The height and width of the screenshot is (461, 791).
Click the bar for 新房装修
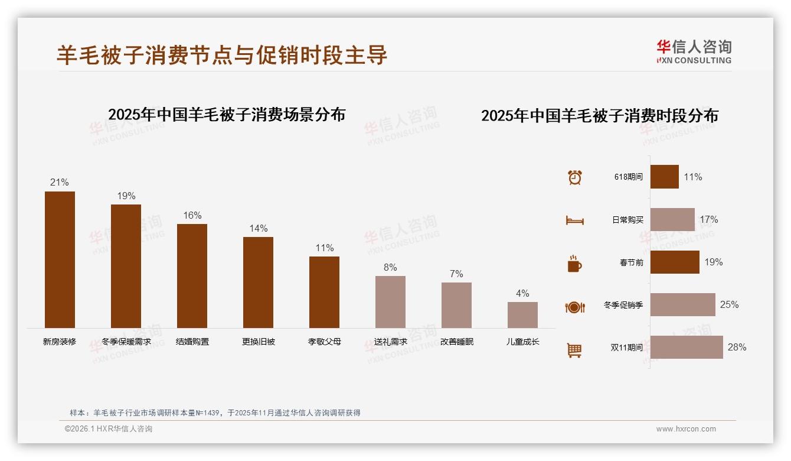(60, 259)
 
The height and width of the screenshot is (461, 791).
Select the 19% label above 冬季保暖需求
(126, 196)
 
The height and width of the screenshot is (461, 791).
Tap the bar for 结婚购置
(192, 275)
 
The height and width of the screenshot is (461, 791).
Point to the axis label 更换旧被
(259, 342)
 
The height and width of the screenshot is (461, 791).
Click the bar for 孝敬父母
(324, 292)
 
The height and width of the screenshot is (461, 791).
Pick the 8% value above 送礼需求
(390, 267)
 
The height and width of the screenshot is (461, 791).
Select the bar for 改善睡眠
(456, 305)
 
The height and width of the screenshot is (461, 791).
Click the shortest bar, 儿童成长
(522, 315)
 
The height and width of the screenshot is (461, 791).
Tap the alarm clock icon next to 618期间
(574, 177)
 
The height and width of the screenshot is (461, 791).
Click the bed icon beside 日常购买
(574, 220)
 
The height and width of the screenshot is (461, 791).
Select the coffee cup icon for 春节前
(574, 264)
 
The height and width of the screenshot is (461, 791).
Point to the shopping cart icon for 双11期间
(574, 350)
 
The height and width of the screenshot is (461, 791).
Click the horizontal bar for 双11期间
(687, 348)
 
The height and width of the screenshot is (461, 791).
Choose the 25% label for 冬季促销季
(729, 305)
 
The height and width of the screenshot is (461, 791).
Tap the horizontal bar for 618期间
(665, 177)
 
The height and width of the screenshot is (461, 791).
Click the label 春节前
(631, 262)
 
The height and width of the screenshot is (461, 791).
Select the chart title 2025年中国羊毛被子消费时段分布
(600, 116)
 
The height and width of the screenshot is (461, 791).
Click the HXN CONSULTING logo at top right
(694, 52)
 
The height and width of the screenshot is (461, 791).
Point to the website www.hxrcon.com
(686, 429)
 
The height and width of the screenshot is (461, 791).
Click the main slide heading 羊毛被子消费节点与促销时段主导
(222, 55)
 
